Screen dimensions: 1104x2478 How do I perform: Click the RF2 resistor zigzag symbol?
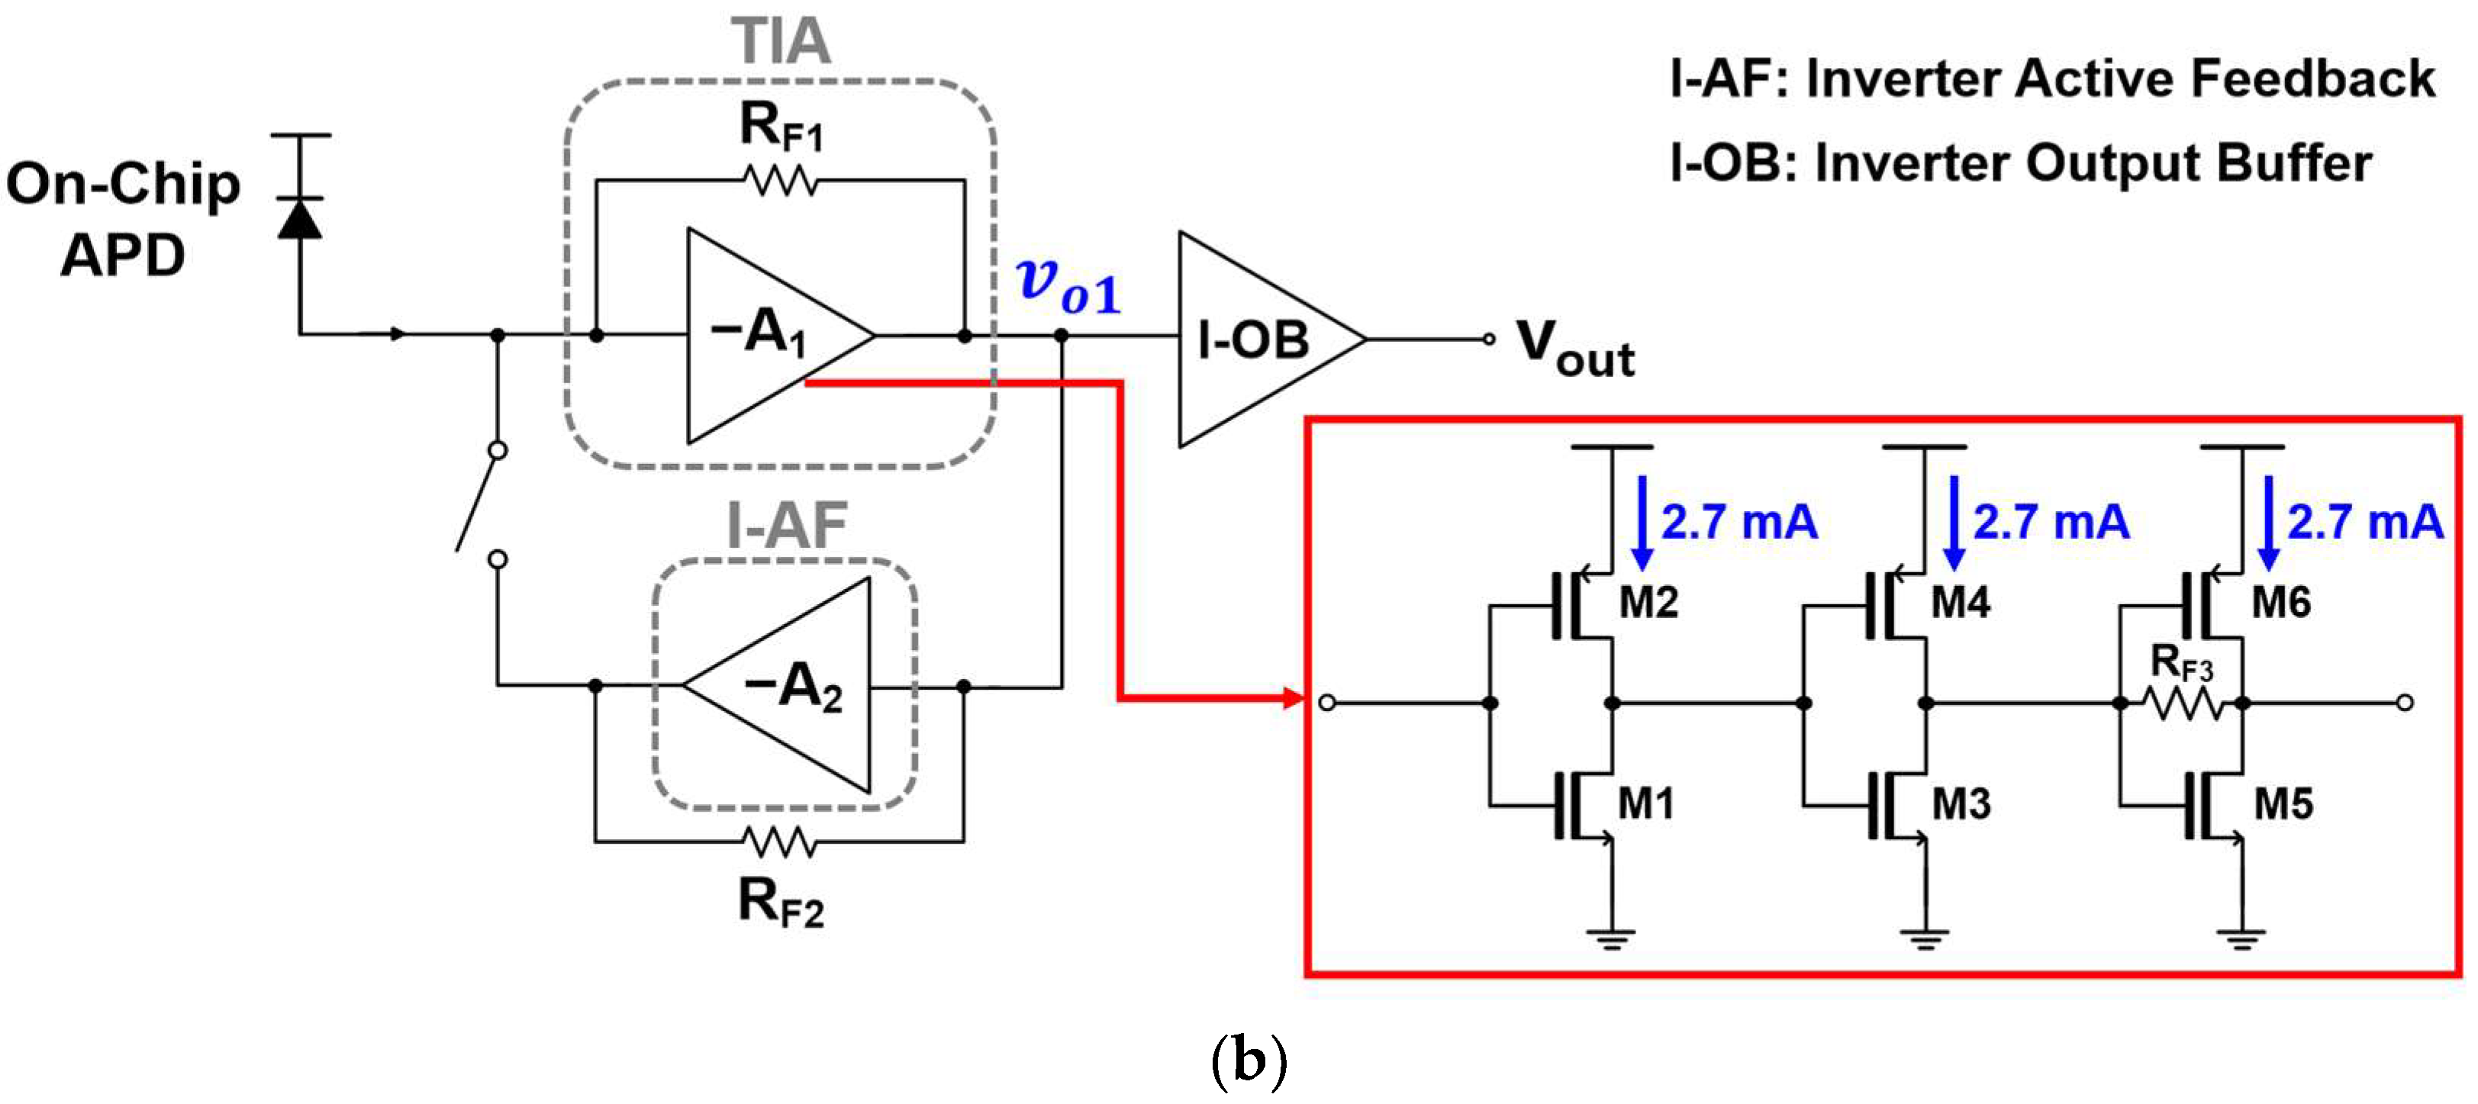coord(780,842)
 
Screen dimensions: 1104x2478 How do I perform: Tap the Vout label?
coord(1574,348)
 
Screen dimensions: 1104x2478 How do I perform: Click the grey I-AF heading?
coord(786,526)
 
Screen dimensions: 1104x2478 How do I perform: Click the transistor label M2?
coord(1648,603)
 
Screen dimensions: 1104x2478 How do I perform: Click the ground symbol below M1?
coord(1613,937)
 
